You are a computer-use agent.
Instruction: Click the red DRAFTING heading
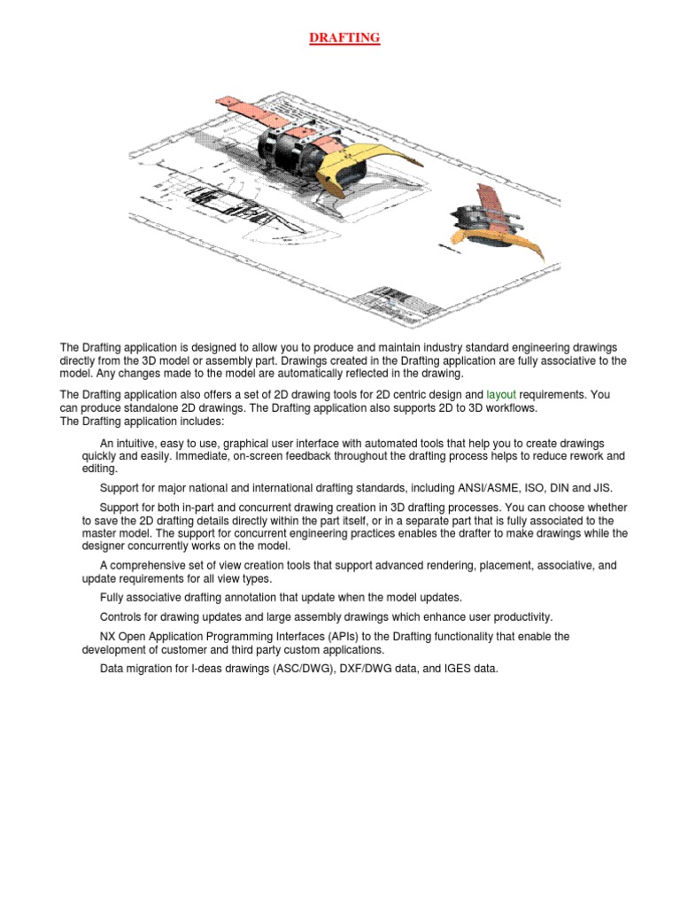click(x=344, y=38)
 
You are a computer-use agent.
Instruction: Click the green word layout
click(x=501, y=393)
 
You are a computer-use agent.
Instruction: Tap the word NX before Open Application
click(x=108, y=636)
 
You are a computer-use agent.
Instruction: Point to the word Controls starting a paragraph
click(x=122, y=616)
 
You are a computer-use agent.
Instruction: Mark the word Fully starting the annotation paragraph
click(x=113, y=598)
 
